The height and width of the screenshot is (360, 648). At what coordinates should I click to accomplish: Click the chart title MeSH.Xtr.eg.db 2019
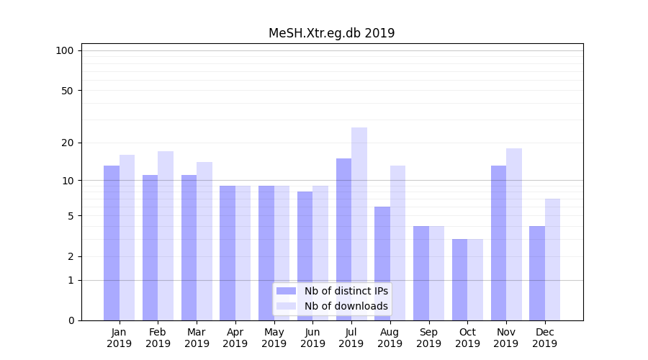(331, 33)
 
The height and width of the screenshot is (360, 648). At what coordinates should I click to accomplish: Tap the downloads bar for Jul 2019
(359, 223)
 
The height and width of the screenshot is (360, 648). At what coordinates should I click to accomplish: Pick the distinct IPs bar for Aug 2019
(382, 263)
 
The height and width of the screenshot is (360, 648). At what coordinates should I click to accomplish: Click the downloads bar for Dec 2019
(552, 259)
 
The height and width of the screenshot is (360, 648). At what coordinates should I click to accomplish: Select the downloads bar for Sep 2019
(436, 273)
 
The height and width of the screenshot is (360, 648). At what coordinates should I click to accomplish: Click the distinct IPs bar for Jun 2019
(305, 256)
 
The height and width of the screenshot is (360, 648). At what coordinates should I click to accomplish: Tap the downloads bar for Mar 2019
(204, 240)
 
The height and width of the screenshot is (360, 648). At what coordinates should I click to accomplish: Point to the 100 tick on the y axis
(65, 50)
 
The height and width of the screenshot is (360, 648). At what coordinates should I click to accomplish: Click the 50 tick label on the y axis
(67, 91)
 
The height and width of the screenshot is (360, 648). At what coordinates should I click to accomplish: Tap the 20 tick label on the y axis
(67, 143)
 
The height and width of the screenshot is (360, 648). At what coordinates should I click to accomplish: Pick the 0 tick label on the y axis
(71, 320)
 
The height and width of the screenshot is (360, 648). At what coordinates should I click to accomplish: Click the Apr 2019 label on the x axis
(235, 338)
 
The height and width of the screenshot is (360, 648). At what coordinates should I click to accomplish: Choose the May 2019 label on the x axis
(274, 338)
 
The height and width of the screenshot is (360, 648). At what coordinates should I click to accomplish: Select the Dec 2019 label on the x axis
(545, 338)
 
